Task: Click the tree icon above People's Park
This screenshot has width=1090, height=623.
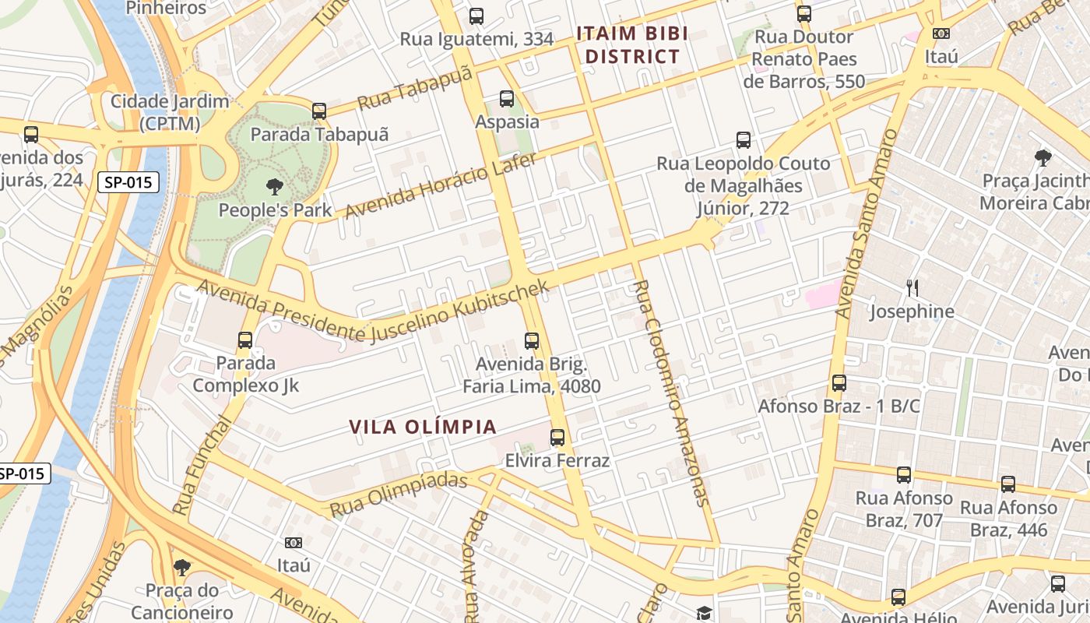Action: pyautogui.click(x=274, y=186)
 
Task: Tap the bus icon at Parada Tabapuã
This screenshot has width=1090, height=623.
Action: pyautogui.click(x=319, y=111)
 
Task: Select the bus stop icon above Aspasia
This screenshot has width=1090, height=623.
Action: pyautogui.click(x=507, y=99)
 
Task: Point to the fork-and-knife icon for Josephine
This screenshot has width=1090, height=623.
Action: pyautogui.click(x=912, y=288)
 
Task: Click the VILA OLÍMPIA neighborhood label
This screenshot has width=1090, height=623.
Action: pyautogui.click(x=423, y=427)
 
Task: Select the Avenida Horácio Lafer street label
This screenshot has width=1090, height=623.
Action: pyautogui.click(x=441, y=186)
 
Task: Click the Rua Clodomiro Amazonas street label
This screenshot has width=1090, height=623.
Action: pyautogui.click(x=671, y=393)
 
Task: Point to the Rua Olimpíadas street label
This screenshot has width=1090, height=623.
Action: pyautogui.click(x=398, y=495)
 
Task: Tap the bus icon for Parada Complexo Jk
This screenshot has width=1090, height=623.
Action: pyautogui.click(x=245, y=340)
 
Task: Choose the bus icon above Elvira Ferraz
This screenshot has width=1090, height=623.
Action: pyautogui.click(x=557, y=437)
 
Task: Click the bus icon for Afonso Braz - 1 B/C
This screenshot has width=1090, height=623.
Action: pyautogui.click(x=839, y=383)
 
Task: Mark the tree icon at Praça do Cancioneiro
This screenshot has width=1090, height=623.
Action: pyautogui.click(x=181, y=567)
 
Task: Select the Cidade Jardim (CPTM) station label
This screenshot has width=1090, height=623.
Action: pyautogui.click(x=170, y=112)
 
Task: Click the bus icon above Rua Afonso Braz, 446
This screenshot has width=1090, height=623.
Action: pyautogui.click(x=1008, y=484)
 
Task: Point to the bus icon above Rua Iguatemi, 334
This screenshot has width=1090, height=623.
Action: pyautogui.click(x=476, y=16)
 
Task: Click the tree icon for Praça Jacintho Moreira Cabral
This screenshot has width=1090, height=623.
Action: pyautogui.click(x=1043, y=158)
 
